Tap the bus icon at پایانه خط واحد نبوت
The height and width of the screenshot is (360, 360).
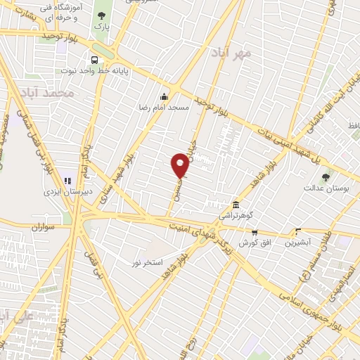(x=94, y=60)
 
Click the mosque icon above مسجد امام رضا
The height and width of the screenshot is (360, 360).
(x=165, y=96)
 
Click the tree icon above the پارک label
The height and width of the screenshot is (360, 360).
(x=103, y=15)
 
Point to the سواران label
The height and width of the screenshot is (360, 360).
(x=44, y=226)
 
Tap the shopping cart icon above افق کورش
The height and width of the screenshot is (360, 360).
(x=255, y=232)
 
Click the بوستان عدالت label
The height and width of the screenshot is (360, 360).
(x=322, y=188)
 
